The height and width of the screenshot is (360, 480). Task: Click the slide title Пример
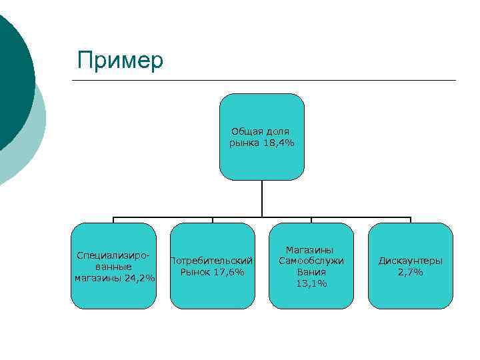click(120, 60)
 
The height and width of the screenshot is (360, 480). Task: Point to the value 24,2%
click(141, 278)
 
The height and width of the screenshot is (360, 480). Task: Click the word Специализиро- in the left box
click(113, 255)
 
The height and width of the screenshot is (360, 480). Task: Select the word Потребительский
click(212, 261)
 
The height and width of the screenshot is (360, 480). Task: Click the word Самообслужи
click(311, 261)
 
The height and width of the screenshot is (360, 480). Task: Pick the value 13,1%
click(311, 283)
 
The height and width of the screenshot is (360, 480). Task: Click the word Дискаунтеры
click(411, 261)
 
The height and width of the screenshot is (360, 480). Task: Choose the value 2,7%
click(411, 272)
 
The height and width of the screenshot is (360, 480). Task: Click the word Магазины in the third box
click(311, 249)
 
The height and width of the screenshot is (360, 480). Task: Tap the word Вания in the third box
click(311, 272)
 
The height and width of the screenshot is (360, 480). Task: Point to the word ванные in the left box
click(113, 267)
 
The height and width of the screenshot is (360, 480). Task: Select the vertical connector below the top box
click(262, 199)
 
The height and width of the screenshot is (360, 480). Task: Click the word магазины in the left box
click(98, 278)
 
